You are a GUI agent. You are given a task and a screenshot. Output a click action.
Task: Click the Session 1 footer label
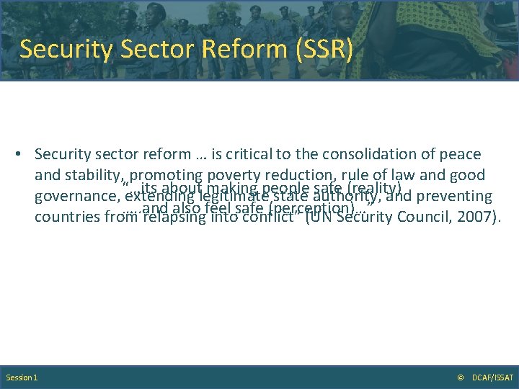(x=22, y=377)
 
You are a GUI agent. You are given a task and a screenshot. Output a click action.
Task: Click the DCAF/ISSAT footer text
(x=492, y=377)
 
